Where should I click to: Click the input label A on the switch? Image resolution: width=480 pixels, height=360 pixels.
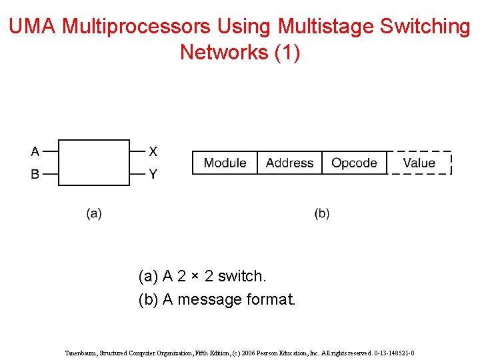pyautogui.click(x=35, y=151)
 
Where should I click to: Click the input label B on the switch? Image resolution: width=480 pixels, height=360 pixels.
pyautogui.click(x=35, y=174)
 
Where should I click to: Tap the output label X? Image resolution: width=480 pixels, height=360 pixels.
pyautogui.click(x=153, y=151)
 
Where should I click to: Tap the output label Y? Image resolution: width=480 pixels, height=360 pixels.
pyautogui.click(x=153, y=174)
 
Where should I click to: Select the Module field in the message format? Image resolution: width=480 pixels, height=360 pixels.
pyautogui.click(x=225, y=163)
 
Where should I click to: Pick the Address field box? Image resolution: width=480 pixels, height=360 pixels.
pyautogui.click(x=289, y=163)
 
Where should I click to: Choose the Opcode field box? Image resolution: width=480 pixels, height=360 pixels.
pyautogui.click(x=354, y=163)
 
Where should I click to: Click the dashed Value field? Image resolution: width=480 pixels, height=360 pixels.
pyautogui.click(x=419, y=163)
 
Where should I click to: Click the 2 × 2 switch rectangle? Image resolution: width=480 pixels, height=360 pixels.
pyautogui.click(x=94, y=163)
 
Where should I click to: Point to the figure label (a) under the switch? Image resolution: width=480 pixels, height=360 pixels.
pyautogui.click(x=94, y=213)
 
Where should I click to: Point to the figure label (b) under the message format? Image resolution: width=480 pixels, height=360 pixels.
pyautogui.click(x=322, y=213)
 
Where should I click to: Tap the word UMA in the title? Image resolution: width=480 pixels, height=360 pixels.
pyautogui.click(x=33, y=27)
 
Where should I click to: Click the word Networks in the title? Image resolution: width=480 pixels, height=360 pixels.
pyautogui.click(x=224, y=52)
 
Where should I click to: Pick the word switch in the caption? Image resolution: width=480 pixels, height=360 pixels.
pyautogui.click(x=242, y=276)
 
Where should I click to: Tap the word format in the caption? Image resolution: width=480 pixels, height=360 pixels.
pyautogui.click(x=271, y=299)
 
